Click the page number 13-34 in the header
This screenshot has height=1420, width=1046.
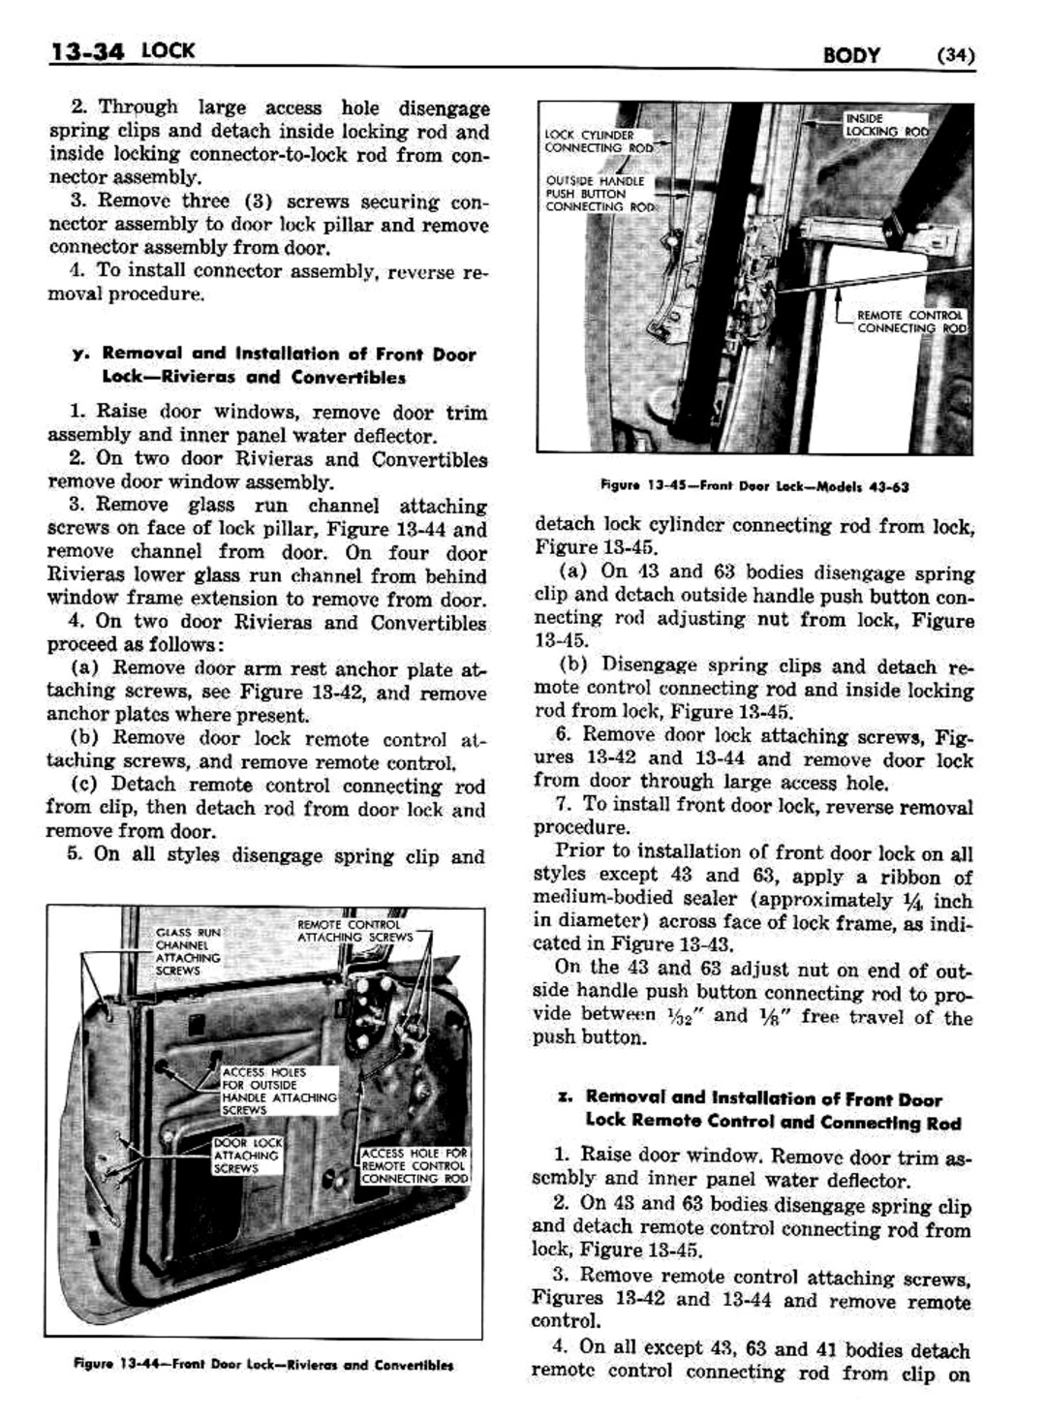click(x=86, y=50)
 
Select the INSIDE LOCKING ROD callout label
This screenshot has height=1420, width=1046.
click(x=885, y=124)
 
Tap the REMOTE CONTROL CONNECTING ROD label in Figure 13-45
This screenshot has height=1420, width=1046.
click(x=909, y=322)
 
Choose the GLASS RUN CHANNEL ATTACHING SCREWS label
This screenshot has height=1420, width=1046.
click(x=187, y=951)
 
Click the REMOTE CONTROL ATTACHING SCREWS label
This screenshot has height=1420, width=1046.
click(x=354, y=931)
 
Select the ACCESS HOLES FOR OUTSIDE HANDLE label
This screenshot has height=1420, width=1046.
click(x=278, y=1091)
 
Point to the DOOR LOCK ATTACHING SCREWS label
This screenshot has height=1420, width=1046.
click(x=246, y=1156)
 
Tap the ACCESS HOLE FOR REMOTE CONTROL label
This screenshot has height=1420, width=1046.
click(x=414, y=1165)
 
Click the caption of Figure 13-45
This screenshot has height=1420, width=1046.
click(x=754, y=486)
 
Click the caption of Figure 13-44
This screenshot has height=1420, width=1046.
click(x=263, y=1366)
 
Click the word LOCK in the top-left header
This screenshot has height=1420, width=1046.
click(x=168, y=49)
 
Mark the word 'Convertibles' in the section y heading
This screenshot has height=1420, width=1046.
click(x=349, y=378)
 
